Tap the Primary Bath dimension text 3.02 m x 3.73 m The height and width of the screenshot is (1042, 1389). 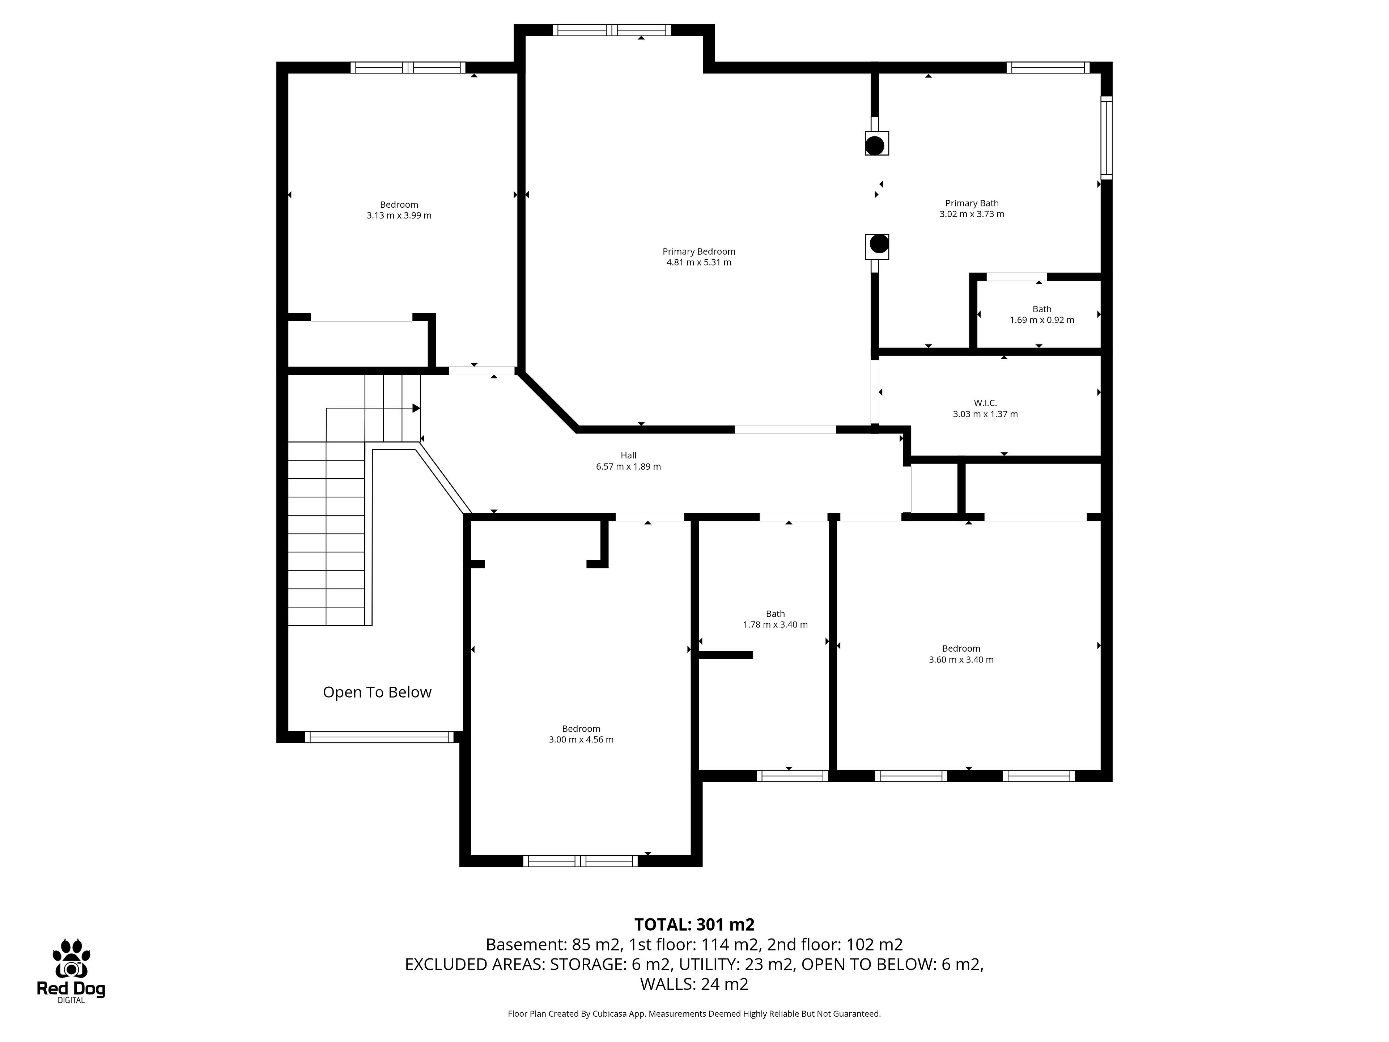click(x=972, y=214)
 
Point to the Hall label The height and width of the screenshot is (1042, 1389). click(x=629, y=456)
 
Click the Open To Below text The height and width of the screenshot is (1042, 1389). click(x=377, y=692)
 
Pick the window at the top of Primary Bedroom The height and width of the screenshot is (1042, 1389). click(x=612, y=30)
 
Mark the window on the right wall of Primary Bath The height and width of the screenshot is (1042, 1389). click(x=1106, y=137)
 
